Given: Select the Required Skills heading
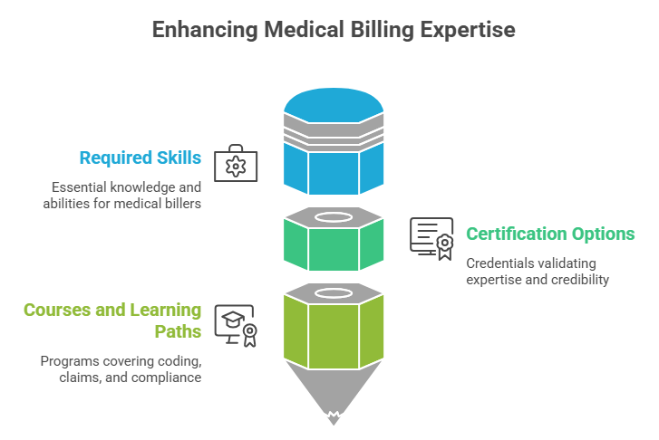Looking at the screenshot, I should coord(141,158).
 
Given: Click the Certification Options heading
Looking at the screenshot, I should coord(550,234).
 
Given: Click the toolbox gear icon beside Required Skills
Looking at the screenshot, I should coord(235,164).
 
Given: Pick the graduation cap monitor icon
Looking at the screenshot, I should coord(235,323).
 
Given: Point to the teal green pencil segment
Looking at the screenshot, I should coord(333,244).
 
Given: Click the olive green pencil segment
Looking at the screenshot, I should coord(333,330).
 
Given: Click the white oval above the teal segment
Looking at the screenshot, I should coord(333,217).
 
